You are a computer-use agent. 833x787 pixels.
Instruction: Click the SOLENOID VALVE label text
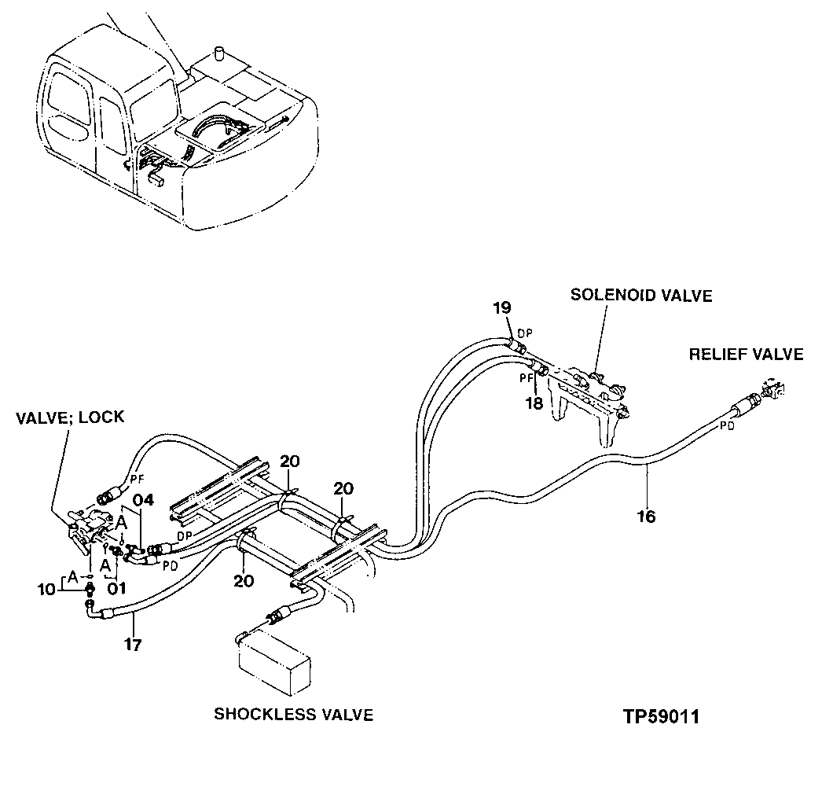click(x=640, y=296)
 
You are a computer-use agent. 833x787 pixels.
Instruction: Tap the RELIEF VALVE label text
click(x=746, y=355)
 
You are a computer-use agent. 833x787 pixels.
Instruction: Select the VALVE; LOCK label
click(x=70, y=417)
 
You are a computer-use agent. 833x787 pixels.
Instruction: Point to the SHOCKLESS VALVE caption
click(x=293, y=715)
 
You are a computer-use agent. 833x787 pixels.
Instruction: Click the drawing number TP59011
click(x=661, y=717)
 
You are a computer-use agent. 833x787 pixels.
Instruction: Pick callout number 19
click(x=502, y=308)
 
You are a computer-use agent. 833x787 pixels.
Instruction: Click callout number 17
click(x=133, y=645)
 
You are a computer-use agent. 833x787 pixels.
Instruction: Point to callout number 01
click(x=117, y=587)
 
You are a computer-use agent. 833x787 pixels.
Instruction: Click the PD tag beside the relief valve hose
click(x=727, y=427)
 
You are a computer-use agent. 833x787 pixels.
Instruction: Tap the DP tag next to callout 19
click(x=524, y=333)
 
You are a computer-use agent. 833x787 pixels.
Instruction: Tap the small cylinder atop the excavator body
click(x=220, y=54)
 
